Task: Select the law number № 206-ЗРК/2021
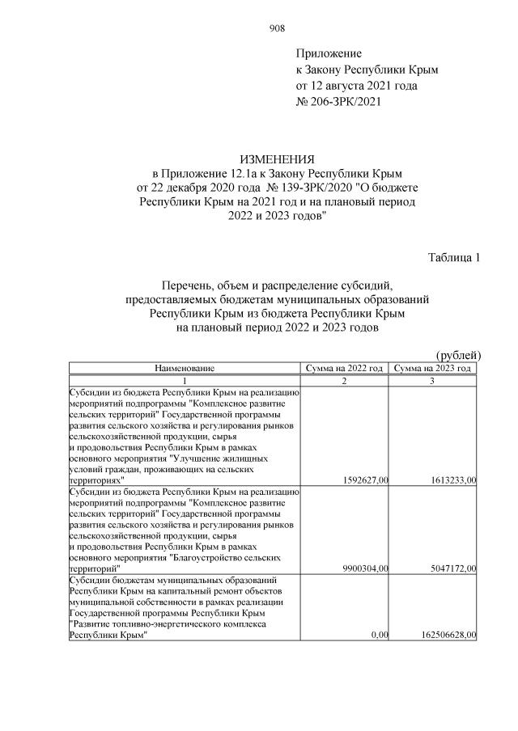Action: point(338,102)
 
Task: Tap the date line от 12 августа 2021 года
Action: point(357,86)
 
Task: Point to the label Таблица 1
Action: point(454,258)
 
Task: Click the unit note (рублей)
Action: point(458,355)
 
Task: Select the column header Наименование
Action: point(185,368)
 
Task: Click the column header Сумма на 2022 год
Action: point(345,368)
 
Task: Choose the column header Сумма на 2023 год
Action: point(432,368)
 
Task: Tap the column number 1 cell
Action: point(185,380)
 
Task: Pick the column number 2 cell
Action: point(345,380)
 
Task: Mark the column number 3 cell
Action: point(432,380)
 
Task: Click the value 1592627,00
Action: point(363,480)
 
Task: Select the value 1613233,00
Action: point(450,480)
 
